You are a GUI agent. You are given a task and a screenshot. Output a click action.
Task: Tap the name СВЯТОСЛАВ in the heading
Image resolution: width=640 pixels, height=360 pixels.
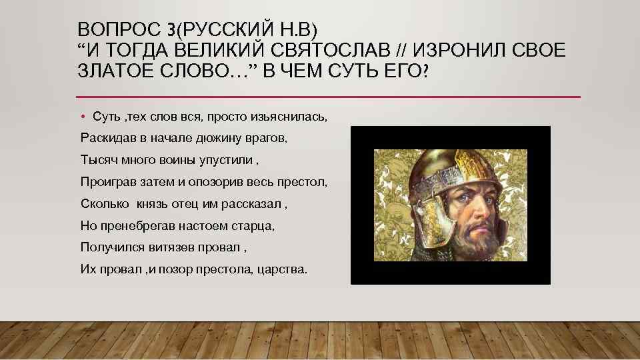click(321, 51)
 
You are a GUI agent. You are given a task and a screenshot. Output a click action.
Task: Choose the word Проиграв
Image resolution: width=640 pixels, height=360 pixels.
click(106, 182)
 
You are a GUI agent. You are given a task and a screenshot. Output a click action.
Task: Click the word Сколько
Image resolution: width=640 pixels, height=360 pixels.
click(103, 204)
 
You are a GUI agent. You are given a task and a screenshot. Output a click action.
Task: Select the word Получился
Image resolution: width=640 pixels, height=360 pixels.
click(108, 247)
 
